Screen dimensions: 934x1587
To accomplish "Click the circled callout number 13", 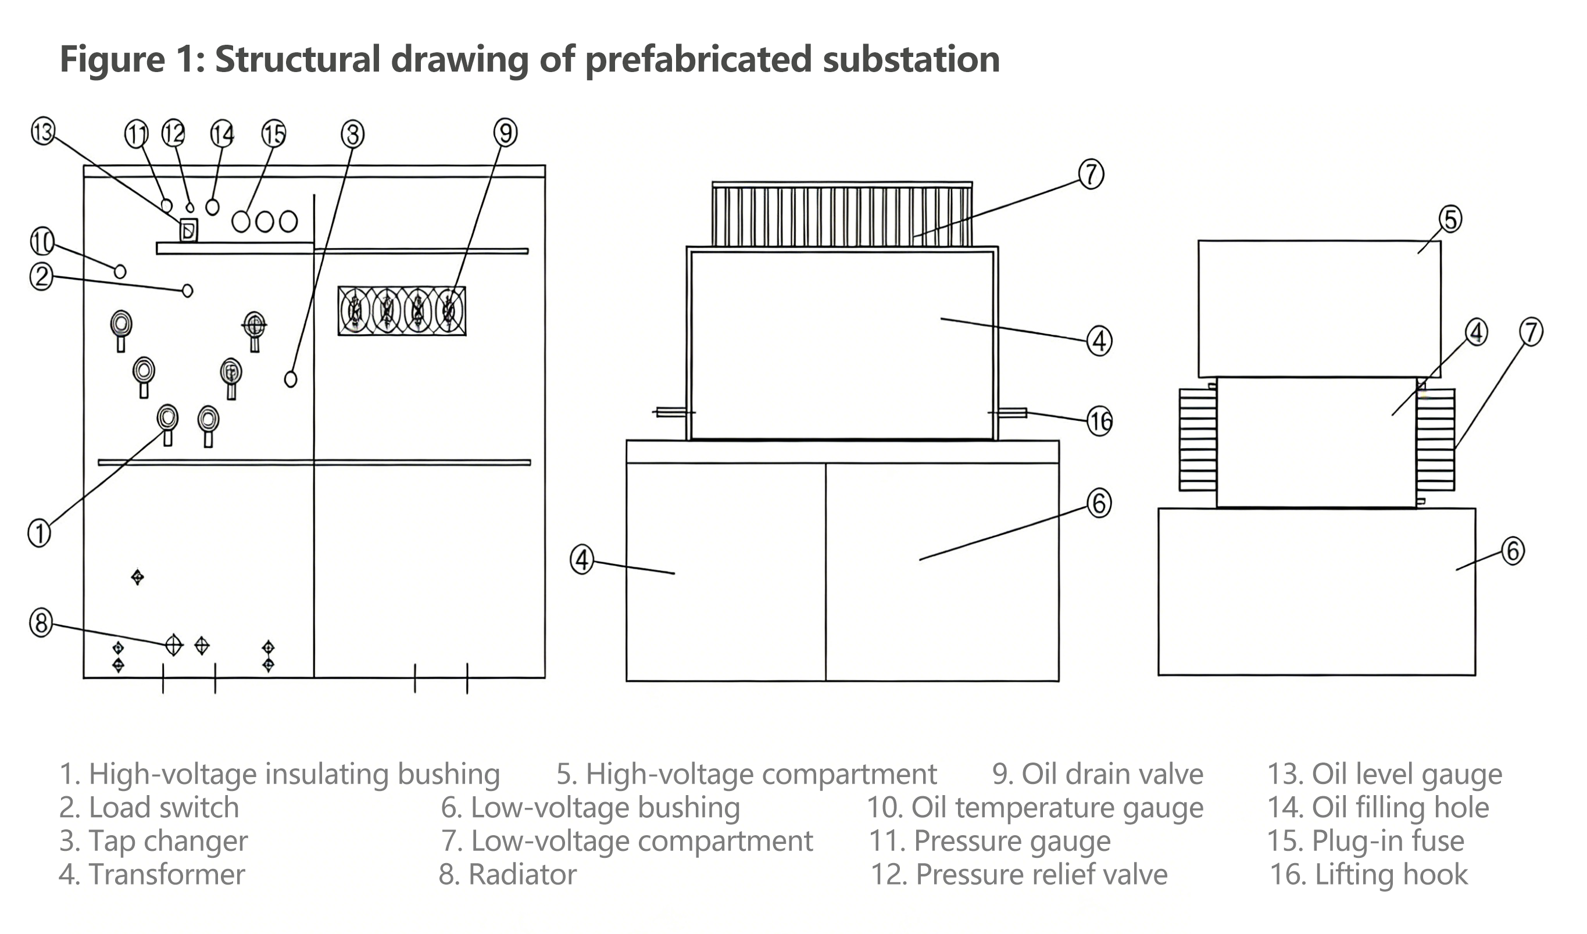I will [x=43, y=133].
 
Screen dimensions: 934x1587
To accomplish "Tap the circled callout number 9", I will [x=506, y=133].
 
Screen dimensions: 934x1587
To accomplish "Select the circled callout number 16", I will [x=1100, y=421].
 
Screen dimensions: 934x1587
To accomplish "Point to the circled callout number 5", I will [x=1450, y=219].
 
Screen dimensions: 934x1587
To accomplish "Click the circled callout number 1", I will [x=39, y=533].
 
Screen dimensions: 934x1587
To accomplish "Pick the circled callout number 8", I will [x=41, y=624].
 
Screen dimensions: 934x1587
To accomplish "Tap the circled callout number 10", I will [x=42, y=241].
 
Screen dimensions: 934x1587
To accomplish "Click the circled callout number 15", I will [x=273, y=134].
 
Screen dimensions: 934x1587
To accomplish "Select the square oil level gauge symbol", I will [x=188, y=231].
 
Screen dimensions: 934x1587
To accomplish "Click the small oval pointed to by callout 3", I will [x=290, y=378].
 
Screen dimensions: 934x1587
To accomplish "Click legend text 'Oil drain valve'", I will [x=1097, y=774].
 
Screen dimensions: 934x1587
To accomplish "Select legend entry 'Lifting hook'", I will [x=1368, y=874].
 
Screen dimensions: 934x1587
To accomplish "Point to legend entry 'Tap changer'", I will [x=153, y=841].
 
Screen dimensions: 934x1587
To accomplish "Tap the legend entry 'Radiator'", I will [x=507, y=874].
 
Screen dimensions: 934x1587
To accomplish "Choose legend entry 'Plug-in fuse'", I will [x=1366, y=841].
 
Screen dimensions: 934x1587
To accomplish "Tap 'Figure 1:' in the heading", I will [x=133, y=59].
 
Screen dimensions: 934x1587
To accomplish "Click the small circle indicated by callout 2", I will [x=187, y=291].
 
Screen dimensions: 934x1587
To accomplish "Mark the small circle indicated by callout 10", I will [x=120, y=271].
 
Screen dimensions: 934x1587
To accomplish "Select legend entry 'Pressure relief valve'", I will [x=1019, y=874].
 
